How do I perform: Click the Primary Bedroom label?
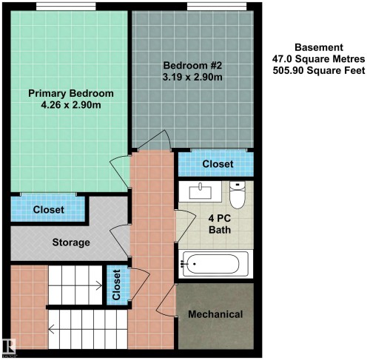pyautogui.click(x=71, y=93)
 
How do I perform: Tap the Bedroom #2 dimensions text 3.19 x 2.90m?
pyautogui.click(x=192, y=77)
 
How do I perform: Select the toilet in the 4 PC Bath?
pyautogui.click(x=238, y=194)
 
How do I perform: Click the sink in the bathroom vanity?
pyautogui.click(x=201, y=192)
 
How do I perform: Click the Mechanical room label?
pyautogui.click(x=215, y=314)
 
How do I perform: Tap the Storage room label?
pyautogui.click(x=71, y=242)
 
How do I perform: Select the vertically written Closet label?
pyautogui.click(x=116, y=285)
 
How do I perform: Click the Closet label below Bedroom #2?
pyautogui.click(x=218, y=164)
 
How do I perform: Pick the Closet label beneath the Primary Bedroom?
pyautogui.click(x=49, y=210)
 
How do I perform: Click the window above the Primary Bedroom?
pyautogui.click(x=66, y=7)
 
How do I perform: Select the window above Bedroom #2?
pyautogui.click(x=217, y=7)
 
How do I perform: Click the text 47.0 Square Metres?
pyautogui.click(x=318, y=59)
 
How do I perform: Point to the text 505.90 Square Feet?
pyautogui.click(x=319, y=70)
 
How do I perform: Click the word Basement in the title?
pyautogui.click(x=319, y=47)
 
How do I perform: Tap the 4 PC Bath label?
pyautogui.click(x=220, y=224)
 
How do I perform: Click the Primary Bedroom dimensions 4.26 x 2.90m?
pyautogui.click(x=71, y=105)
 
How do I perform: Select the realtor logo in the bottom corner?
pyautogui.click(x=9, y=347)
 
